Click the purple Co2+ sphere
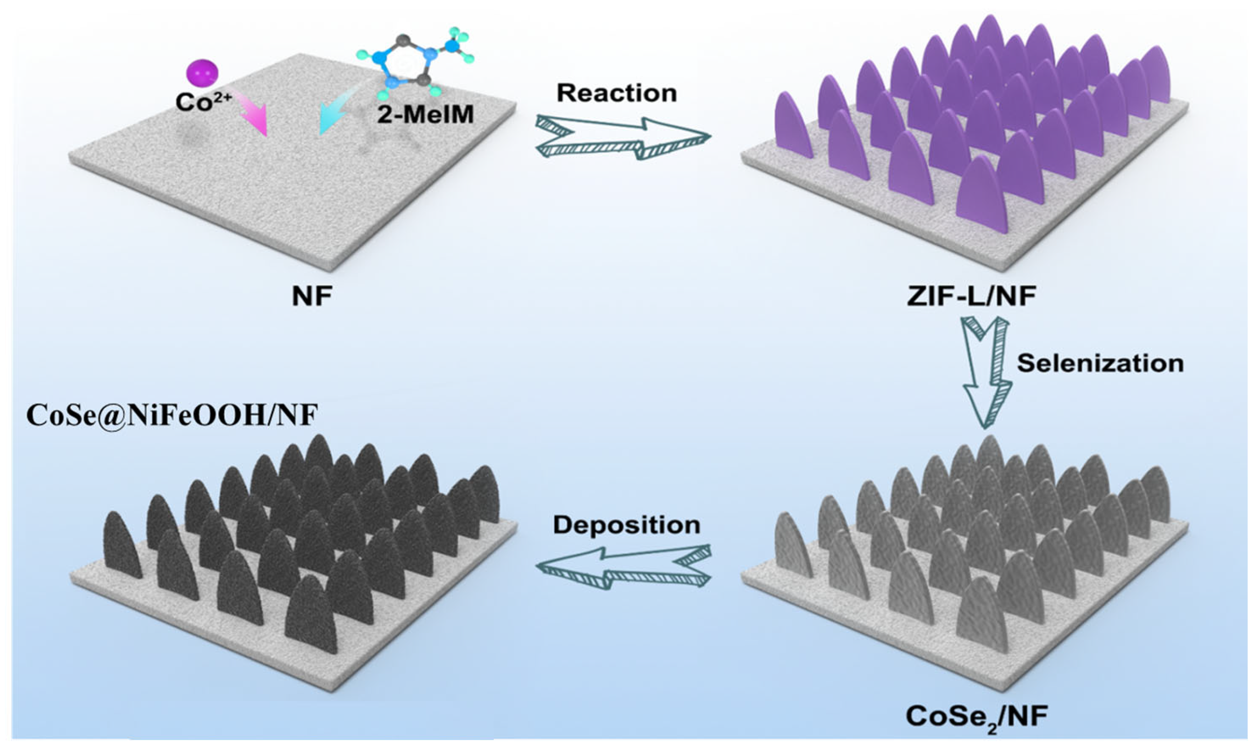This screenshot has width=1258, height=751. pos(202,74)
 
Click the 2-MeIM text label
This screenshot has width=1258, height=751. pos(425,115)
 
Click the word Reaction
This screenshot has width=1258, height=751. pos(616,93)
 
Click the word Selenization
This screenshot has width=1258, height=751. pos(1100,363)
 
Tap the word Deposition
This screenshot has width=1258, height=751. pos(626,525)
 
